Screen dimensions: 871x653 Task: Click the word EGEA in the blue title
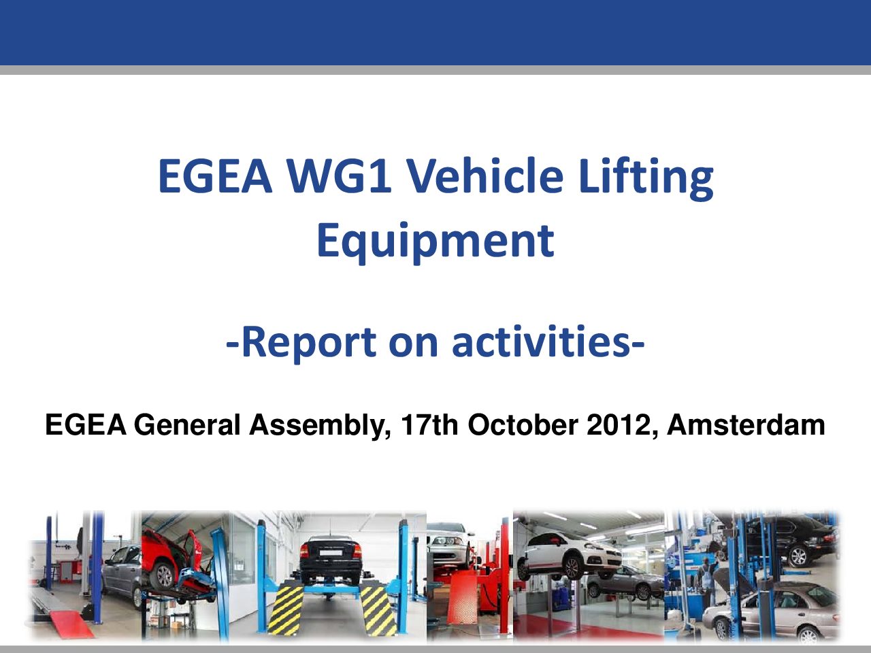pos(215,175)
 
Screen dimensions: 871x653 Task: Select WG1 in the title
pos(340,175)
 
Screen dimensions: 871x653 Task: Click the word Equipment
pos(435,242)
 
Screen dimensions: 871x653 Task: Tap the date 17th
pos(429,424)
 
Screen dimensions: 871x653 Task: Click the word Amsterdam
pos(746,424)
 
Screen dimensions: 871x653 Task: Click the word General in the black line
pos(187,424)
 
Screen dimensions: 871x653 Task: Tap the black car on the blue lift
pos(331,560)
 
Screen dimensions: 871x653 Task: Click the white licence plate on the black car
pos(331,553)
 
